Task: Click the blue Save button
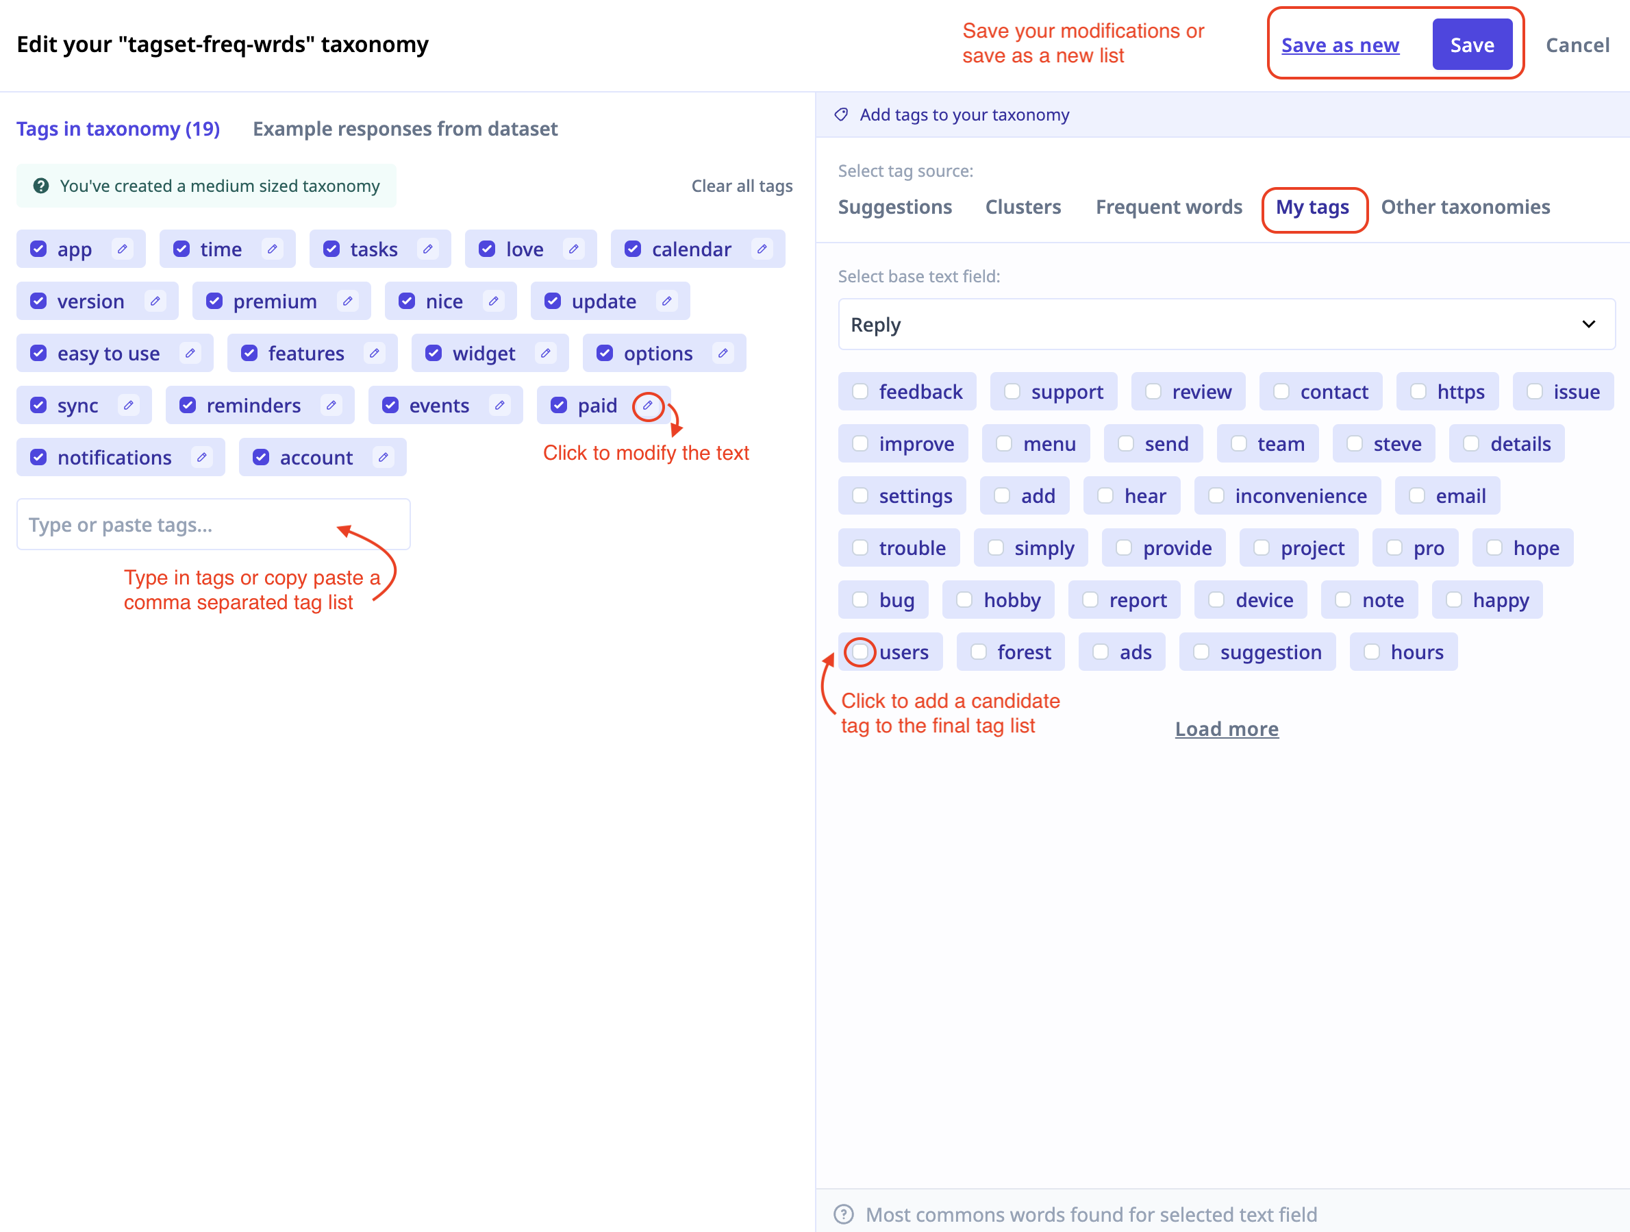(x=1472, y=45)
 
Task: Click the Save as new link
(x=1340, y=45)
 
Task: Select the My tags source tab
(x=1312, y=207)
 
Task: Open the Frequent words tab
(x=1168, y=207)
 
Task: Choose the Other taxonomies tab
(x=1465, y=207)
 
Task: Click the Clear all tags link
(x=741, y=186)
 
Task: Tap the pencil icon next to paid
(x=648, y=406)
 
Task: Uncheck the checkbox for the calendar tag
(x=633, y=249)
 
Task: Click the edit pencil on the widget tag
(x=545, y=353)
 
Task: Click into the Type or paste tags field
(x=213, y=524)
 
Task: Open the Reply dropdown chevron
(x=1589, y=324)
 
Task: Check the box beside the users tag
(x=860, y=652)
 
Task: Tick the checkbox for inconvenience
(x=1216, y=495)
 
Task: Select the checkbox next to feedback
(x=860, y=391)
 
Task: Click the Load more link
(x=1226, y=728)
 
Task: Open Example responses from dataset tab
(x=405, y=129)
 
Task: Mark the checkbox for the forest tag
(x=978, y=652)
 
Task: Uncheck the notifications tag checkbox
(x=38, y=457)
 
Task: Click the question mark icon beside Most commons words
(x=843, y=1213)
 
